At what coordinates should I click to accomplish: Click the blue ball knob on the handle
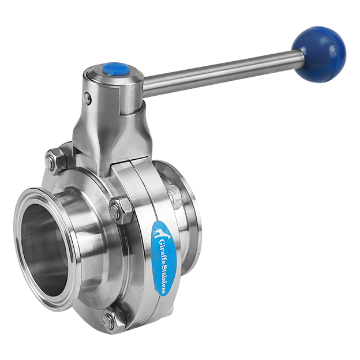tap(318, 54)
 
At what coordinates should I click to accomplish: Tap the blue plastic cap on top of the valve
tap(116, 69)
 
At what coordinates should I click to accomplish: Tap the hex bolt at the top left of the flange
tap(54, 160)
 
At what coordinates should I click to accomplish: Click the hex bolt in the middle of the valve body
tap(120, 211)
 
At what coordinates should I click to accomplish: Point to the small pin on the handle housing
tap(87, 99)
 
